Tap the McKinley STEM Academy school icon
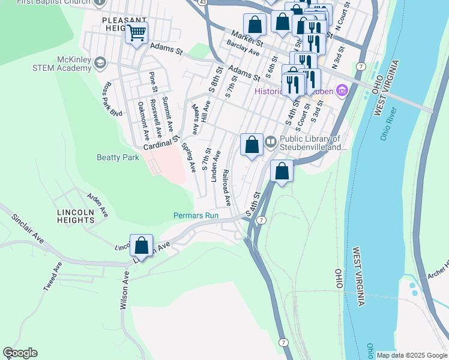100,63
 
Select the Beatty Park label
118,157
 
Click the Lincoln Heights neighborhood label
76,216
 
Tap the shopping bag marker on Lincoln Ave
141,245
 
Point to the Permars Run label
195,215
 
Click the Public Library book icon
271,142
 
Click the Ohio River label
388,123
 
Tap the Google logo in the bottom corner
20,353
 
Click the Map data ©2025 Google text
411,355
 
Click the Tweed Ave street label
52,277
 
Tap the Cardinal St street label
161,143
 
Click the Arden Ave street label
97,205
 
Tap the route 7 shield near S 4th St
261,221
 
